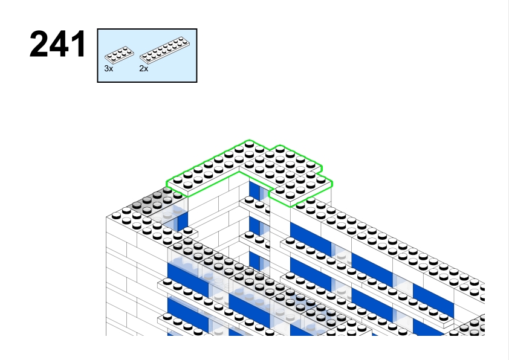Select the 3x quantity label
pos(108,69)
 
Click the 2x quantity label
pos(143,69)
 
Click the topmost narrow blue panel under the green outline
pos(255,192)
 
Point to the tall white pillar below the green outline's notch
pos(279,242)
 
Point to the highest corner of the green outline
pos(247,141)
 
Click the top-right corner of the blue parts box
pos(197,29)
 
